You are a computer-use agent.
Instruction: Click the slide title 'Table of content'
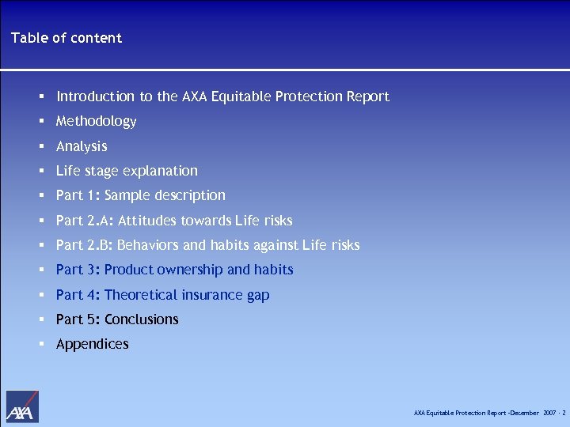66,38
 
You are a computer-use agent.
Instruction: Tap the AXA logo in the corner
21,406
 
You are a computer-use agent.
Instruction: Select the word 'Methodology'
96,121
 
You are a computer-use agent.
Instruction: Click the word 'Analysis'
82,146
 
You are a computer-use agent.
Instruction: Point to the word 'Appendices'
92,344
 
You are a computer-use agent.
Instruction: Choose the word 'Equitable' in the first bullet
241,96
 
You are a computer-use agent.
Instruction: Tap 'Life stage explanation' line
127,171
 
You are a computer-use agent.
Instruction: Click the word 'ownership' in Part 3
189,270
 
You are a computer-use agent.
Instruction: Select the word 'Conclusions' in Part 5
142,319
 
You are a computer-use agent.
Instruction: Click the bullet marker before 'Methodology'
40,122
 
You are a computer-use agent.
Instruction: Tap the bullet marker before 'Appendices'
40,345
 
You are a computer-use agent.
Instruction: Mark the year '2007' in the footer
550,413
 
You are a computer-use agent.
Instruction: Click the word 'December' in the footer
523,413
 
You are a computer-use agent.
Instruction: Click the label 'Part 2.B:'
85,245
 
